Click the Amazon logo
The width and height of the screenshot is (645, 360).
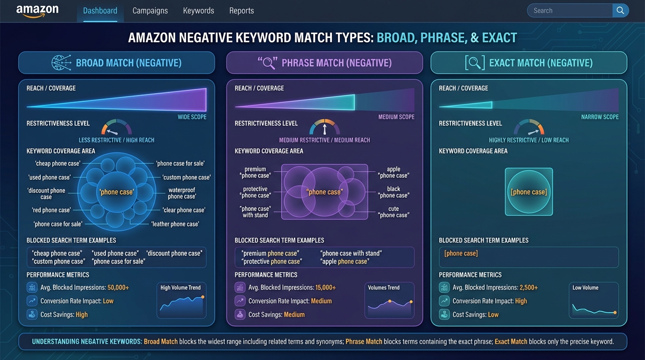(37, 11)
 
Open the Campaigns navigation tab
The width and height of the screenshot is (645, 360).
(150, 11)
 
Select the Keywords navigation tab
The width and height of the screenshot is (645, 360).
(198, 11)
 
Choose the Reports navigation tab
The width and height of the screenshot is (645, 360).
(241, 11)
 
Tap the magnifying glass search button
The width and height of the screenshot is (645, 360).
(620, 11)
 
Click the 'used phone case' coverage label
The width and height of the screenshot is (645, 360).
(49, 177)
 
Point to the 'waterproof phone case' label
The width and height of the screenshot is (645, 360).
(181, 193)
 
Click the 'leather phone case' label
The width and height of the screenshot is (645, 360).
(175, 224)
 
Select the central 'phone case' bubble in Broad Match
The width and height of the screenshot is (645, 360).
(116, 192)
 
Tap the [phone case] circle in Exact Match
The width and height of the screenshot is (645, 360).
(529, 192)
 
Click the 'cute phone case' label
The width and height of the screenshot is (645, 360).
(393, 212)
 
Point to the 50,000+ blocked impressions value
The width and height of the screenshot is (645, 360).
(118, 287)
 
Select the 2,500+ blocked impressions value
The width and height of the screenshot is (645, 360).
(529, 287)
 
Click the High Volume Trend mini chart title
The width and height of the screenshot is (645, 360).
(180, 287)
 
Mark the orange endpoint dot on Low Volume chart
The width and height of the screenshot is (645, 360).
(615, 312)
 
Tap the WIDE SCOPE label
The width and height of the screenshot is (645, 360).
(192, 117)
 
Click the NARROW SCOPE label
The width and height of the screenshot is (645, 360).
(600, 117)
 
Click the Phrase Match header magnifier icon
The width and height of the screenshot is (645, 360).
(268, 63)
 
